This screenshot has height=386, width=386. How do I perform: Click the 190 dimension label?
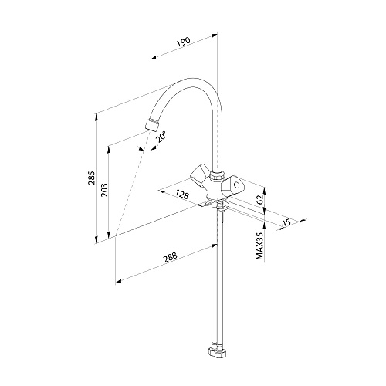coord(184,42)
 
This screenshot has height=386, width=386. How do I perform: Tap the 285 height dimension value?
coord(92,178)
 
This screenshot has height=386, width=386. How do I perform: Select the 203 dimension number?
coord(104,190)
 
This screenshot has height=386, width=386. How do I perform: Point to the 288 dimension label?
coord(170,258)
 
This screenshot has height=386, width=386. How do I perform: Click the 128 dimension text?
coord(182,195)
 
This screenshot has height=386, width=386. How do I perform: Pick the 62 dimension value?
coord(260,200)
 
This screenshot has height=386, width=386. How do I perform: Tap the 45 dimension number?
coord(286,223)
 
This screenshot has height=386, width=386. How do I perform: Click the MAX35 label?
coord(260,245)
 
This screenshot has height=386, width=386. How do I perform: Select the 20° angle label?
coord(161,137)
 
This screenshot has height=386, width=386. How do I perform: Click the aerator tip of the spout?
coord(152,125)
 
